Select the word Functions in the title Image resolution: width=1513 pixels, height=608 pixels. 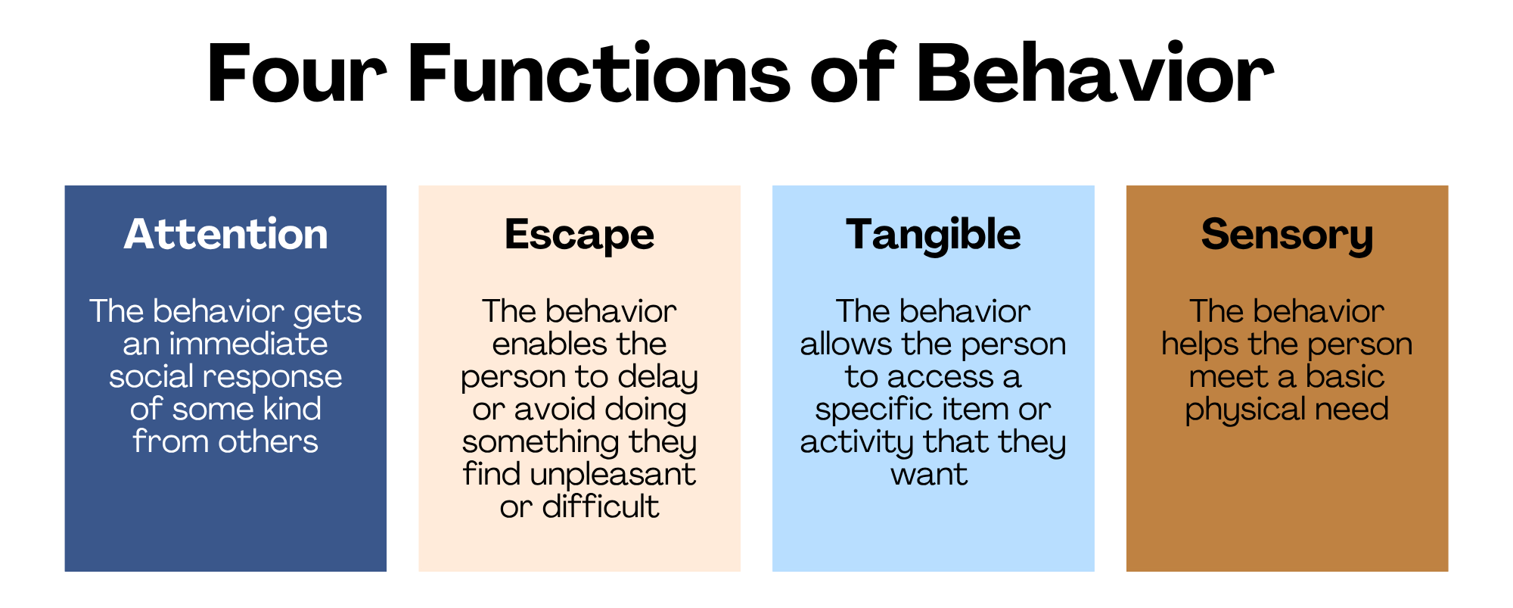(x=599, y=73)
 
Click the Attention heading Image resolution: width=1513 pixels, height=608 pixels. (x=225, y=234)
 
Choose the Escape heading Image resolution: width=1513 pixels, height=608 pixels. (x=579, y=235)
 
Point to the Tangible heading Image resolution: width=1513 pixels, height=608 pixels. (x=934, y=235)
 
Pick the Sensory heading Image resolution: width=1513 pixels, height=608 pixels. (x=1287, y=235)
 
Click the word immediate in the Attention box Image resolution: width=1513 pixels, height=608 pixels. (x=248, y=344)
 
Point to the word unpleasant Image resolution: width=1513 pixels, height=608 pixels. (x=613, y=475)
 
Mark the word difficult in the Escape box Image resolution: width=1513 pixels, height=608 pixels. (x=601, y=507)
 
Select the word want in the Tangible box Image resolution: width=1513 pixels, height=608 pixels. (x=929, y=475)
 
